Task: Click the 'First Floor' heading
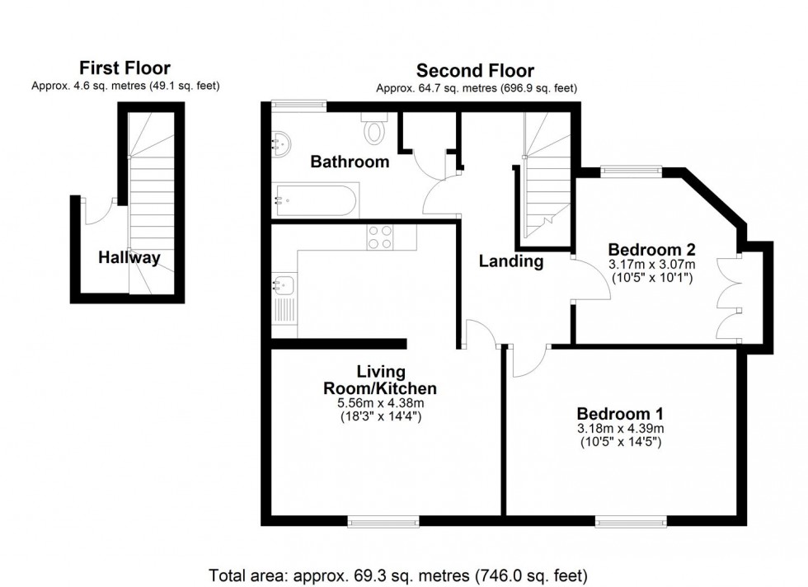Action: click(x=125, y=68)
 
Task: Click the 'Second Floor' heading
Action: click(x=475, y=71)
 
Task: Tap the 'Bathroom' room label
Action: click(x=350, y=162)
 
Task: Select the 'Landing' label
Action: click(x=512, y=261)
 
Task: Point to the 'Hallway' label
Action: click(x=129, y=258)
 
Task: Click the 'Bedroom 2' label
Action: click(x=651, y=249)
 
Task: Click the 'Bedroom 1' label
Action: click(x=620, y=413)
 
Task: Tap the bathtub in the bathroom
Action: click(x=316, y=197)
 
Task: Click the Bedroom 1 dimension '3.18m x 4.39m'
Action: click(x=620, y=428)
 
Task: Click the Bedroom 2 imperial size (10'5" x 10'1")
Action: click(x=651, y=279)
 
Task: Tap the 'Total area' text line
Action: click(x=403, y=574)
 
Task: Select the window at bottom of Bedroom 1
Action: click(x=631, y=520)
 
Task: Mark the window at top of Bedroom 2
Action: click(x=631, y=171)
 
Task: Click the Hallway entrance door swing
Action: click(x=99, y=212)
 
